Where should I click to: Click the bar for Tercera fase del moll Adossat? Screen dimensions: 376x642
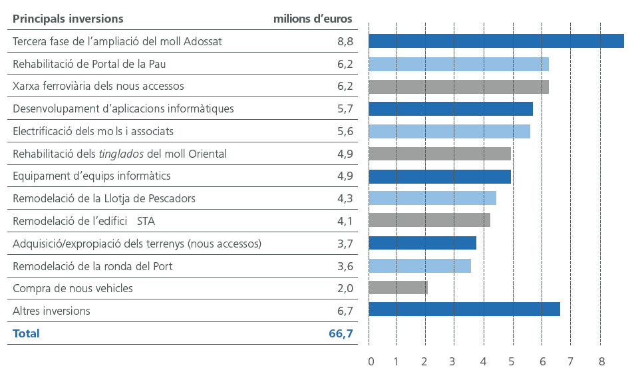496,41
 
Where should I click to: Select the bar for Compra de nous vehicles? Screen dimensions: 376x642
397,287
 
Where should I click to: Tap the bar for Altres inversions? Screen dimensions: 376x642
464,309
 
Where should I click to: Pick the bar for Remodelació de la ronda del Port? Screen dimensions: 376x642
419,266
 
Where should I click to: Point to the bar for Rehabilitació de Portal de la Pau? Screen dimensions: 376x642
458,65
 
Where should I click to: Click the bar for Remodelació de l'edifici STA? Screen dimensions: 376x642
429,220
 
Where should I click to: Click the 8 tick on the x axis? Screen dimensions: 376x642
601,361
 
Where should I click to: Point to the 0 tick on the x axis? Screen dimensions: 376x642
371,361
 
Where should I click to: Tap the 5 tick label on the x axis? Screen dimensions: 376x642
512,361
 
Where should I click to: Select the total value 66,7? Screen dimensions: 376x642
341,333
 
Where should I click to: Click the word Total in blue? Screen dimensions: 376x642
26,333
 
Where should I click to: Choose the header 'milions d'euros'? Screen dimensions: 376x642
313,19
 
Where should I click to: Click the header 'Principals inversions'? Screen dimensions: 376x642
68,19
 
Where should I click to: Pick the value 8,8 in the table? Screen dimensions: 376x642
345,41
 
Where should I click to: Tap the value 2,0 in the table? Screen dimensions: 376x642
345,288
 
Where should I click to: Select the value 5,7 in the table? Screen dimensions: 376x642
345,108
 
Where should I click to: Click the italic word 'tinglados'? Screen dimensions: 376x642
121,154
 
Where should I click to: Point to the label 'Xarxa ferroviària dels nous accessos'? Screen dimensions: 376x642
98,86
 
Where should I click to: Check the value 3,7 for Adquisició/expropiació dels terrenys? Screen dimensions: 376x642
345,244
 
